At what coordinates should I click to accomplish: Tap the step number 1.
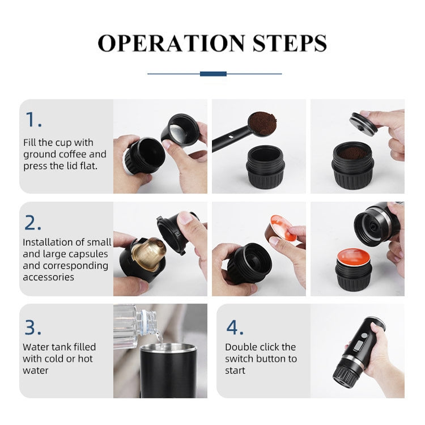pyautogui.click(x=33, y=120)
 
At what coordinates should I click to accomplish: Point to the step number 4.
pyautogui.click(x=235, y=327)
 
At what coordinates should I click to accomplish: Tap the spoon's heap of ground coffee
pyautogui.click(x=262, y=121)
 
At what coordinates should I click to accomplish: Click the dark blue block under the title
pyautogui.click(x=213, y=74)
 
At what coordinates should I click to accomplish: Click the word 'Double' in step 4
pyautogui.click(x=243, y=347)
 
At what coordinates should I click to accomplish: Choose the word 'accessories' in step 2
pyautogui.click(x=48, y=277)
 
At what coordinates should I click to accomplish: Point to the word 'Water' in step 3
pyautogui.click(x=36, y=347)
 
